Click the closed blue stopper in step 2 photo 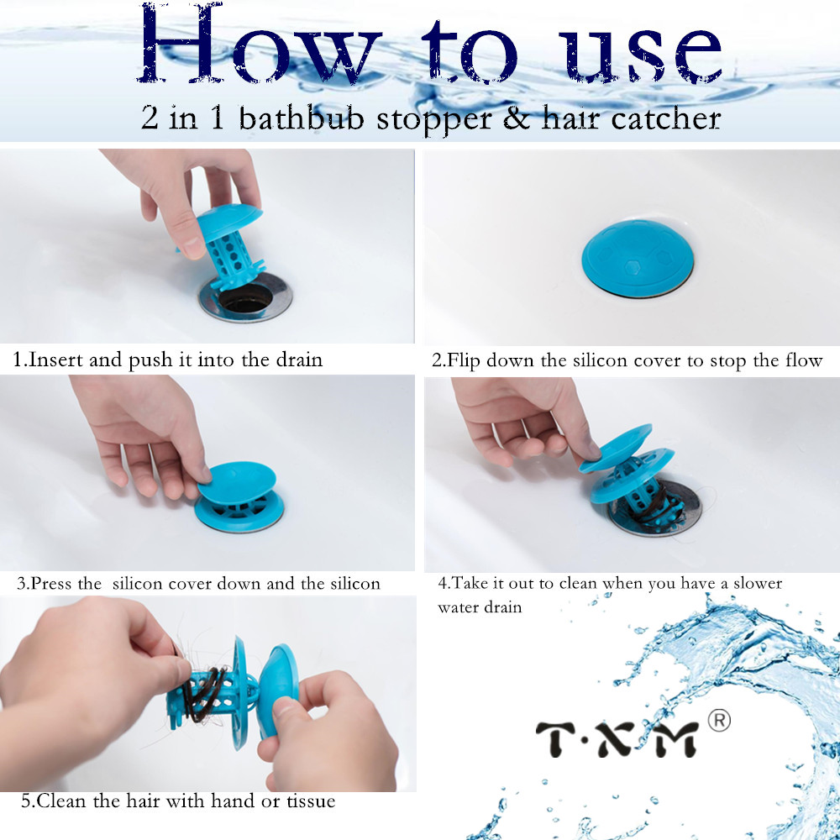coord(636,256)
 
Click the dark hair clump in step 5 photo coord(202,693)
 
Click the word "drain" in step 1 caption coord(299,360)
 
